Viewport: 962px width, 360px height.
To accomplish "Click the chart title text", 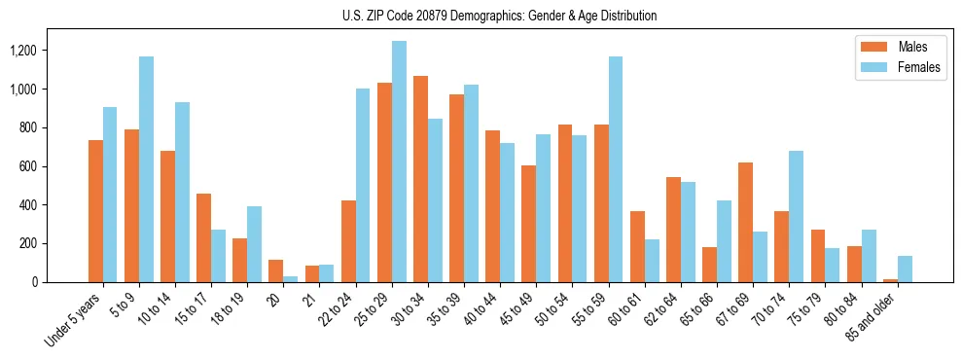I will coord(499,16).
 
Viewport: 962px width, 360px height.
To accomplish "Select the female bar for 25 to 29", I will coord(399,162).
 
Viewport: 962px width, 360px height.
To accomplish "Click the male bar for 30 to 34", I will coord(420,179).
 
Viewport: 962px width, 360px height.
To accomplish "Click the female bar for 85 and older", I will coord(905,269).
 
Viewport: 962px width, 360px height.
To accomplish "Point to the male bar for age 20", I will coord(276,271).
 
